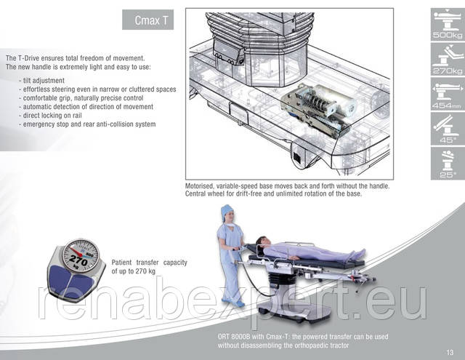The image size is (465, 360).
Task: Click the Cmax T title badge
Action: (x=147, y=20)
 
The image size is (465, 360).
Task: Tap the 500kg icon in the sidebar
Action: (x=448, y=25)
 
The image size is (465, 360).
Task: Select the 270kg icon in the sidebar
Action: (x=448, y=60)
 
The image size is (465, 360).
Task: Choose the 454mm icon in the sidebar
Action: (x=448, y=95)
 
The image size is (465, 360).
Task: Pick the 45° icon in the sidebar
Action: (x=448, y=129)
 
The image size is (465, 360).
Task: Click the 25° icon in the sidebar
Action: (x=448, y=164)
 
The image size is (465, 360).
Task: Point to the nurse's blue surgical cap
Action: (x=227, y=211)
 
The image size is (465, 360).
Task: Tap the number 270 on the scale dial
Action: (x=78, y=260)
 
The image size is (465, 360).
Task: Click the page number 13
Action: (x=450, y=352)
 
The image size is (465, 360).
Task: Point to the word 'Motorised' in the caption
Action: (x=199, y=186)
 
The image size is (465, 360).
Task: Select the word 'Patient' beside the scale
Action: (x=121, y=263)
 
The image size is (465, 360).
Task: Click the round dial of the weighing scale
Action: (x=81, y=255)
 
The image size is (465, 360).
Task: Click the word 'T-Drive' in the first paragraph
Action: (x=28, y=58)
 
